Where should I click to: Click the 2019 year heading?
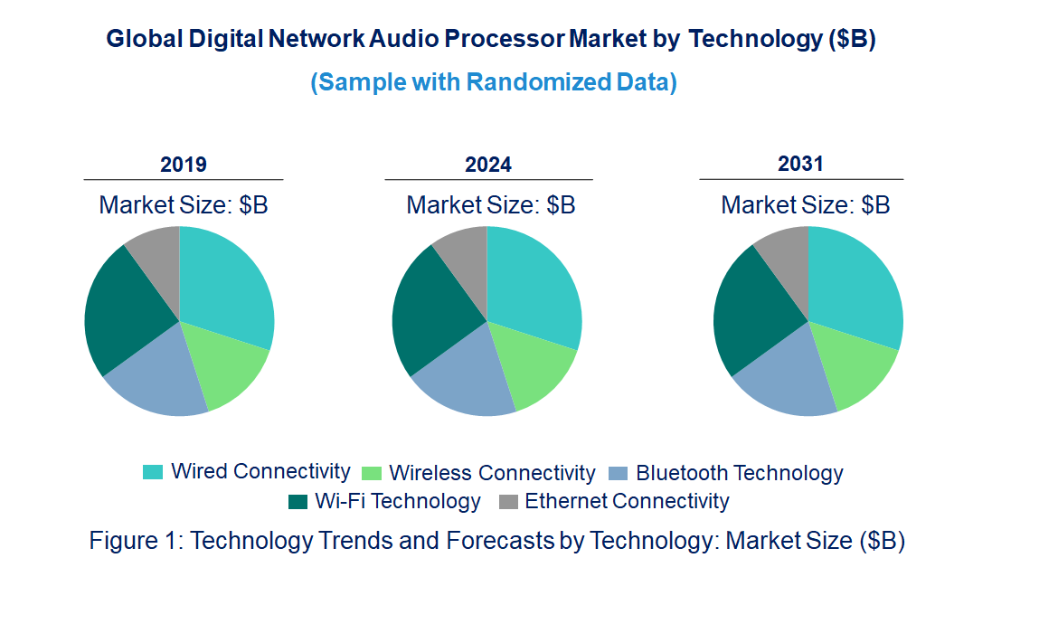click(x=183, y=165)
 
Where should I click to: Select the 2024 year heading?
click(x=488, y=165)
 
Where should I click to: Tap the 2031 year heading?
click(x=800, y=164)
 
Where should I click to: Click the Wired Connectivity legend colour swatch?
click(x=153, y=472)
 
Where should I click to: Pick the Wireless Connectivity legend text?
click(x=492, y=473)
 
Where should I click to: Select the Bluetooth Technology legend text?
click(x=739, y=473)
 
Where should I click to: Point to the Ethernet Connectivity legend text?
click(x=627, y=501)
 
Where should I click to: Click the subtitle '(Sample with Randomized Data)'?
click(x=494, y=82)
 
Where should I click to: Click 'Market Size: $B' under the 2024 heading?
click(x=490, y=205)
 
